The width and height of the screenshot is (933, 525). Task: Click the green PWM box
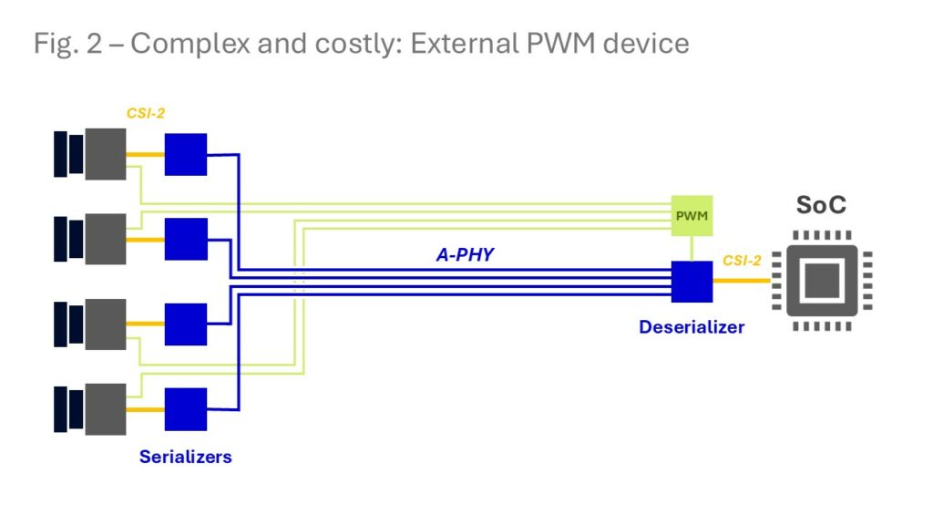pos(692,217)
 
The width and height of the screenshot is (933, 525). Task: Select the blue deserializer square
pos(692,282)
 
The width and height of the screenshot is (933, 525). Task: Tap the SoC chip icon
pos(821,282)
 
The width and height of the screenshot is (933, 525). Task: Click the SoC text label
pos(821,205)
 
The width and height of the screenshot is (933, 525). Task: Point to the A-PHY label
pos(464,255)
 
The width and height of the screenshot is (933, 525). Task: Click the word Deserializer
pos(692,326)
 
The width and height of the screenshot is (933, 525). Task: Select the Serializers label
pos(185,457)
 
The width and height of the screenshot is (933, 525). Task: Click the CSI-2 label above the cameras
pos(146,115)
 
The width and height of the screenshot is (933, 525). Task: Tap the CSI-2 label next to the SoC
pos(743,261)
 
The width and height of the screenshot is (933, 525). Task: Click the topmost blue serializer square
pos(185,154)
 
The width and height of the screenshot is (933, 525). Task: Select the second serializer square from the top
pos(185,239)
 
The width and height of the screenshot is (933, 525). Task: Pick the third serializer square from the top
pos(185,324)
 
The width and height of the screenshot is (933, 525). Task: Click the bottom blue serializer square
pos(185,408)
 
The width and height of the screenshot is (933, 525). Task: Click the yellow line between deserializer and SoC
pos(741,282)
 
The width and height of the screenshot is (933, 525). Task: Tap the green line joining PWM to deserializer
pos(692,249)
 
